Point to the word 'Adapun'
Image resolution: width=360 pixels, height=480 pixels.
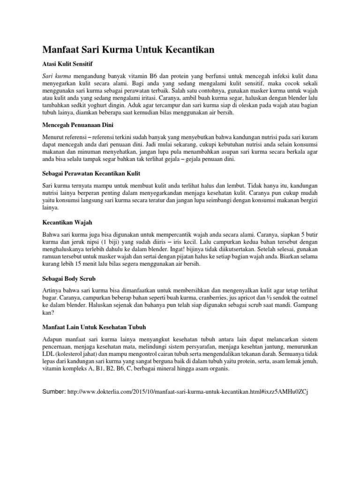(x=54, y=339)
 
